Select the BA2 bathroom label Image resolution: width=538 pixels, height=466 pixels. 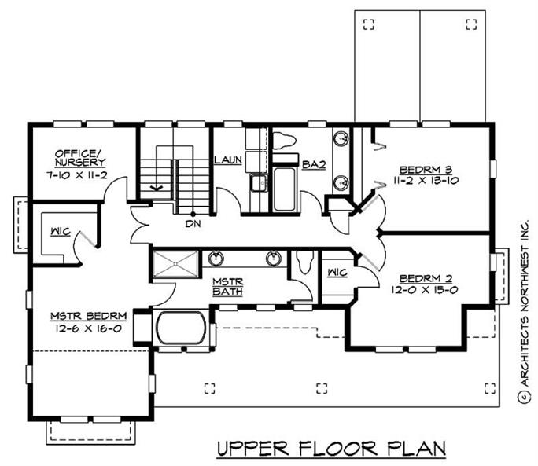click(x=314, y=164)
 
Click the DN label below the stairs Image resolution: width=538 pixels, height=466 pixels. click(x=193, y=224)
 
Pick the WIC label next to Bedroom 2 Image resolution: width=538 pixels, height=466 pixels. click(x=336, y=273)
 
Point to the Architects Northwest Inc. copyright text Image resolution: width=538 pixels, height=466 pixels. click(x=522, y=314)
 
